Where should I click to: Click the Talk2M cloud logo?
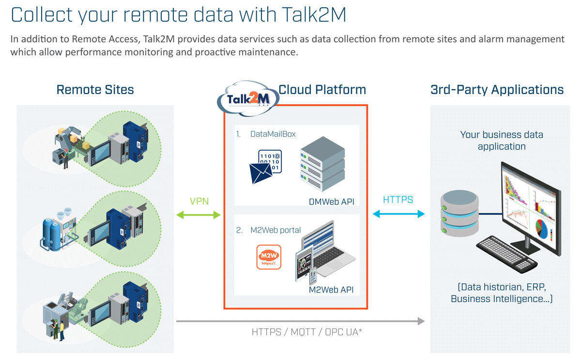point(247,99)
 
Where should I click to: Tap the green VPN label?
point(199,201)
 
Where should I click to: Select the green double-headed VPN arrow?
point(199,215)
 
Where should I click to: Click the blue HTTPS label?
point(398,200)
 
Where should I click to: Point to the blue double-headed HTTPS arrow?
point(398,214)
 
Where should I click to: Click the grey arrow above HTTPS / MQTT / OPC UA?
point(300,321)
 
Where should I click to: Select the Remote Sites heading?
point(95,90)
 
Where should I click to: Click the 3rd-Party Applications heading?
point(497,90)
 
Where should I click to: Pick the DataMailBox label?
point(273,134)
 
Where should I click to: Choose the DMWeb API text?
point(332,202)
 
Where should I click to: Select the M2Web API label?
point(331,290)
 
